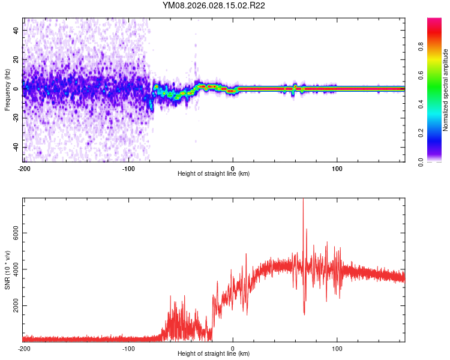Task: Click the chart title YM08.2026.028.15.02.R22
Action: (x=214, y=6)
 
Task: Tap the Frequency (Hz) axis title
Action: (x=7, y=90)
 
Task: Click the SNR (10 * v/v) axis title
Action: (x=7, y=270)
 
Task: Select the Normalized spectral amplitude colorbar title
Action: (x=446, y=90)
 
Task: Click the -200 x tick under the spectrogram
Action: (x=24, y=167)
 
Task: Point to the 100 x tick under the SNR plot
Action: (x=337, y=348)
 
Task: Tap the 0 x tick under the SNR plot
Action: (x=233, y=348)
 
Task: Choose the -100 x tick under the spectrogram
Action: (x=128, y=167)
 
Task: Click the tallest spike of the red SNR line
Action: (x=303, y=200)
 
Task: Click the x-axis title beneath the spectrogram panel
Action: (x=214, y=174)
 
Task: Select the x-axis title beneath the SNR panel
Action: (x=214, y=355)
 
